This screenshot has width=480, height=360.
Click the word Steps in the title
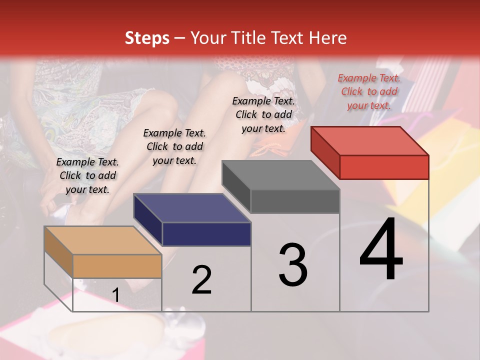pos(147,38)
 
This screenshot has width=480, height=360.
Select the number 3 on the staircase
pos(293,265)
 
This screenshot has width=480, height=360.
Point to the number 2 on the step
pos(201,280)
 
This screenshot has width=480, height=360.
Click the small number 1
pos(115,295)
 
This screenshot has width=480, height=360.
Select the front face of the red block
pos(384,167)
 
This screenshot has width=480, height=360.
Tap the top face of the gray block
pos(280,175)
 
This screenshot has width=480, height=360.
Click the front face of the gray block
pos(295,201)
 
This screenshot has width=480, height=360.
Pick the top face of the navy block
pos(192,208)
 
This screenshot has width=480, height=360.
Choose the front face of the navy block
pos(206,234)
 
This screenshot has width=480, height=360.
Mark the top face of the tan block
pos(103,240)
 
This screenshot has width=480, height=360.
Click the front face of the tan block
pos(117,266)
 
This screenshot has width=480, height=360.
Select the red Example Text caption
pos(369,91)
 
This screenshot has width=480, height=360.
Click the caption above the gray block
pos(263,114)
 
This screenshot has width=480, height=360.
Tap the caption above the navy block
pos(174,146)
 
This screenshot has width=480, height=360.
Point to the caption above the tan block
pos(87,175)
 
